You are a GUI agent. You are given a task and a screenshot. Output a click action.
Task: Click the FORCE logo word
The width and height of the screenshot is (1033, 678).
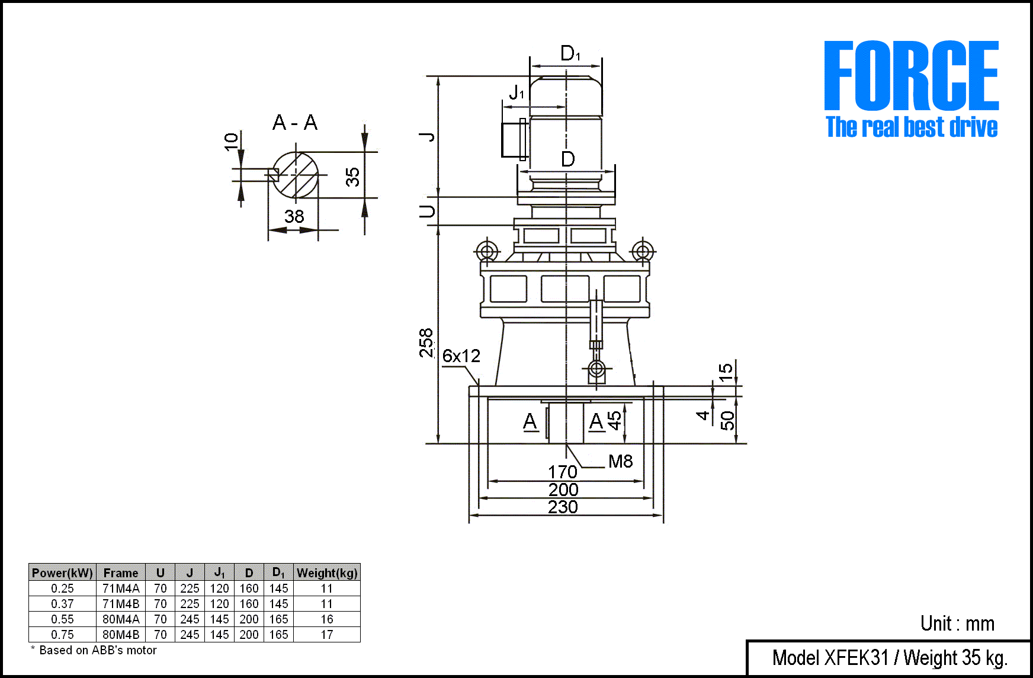tap(912, 75)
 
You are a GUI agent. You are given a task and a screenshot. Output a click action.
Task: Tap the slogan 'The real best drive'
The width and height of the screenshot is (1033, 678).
tap(912, 127)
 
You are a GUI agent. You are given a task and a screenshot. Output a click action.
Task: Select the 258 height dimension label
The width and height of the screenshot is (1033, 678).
tap(426, 343)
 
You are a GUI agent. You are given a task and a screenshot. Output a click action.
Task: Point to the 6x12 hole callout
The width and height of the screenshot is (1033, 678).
tap(461, 356)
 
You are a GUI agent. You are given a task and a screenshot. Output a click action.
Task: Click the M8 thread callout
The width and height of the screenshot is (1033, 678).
tap(620, 461)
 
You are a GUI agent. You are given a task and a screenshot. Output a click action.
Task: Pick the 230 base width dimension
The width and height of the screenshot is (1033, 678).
tap(563, 507)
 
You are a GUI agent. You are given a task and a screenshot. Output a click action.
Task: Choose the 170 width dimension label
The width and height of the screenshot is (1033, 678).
tap(562, 472)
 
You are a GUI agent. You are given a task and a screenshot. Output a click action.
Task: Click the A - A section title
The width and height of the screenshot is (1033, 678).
tap(295, 123)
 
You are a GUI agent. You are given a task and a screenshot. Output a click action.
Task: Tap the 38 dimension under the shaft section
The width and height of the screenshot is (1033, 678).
tap(294, 216)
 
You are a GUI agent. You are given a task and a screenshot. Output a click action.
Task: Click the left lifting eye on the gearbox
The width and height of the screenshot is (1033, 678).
tap(487, 251)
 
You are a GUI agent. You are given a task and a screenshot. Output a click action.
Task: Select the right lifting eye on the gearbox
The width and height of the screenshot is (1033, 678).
tap(642, 251)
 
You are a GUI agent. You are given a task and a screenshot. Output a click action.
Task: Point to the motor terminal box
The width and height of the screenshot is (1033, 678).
tap(514, 140)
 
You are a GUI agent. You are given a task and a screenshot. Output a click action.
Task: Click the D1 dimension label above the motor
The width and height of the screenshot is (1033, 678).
tap(570, 53)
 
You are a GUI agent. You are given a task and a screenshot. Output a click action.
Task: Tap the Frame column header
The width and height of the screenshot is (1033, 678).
tap(121, 573)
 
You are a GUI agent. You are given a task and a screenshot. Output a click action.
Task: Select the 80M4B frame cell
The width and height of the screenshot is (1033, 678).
tap(121, 635)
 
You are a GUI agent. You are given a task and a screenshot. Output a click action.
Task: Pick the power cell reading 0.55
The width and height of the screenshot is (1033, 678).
tap(62, 619)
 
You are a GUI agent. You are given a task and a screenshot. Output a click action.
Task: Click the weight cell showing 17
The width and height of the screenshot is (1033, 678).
tap(327, 635)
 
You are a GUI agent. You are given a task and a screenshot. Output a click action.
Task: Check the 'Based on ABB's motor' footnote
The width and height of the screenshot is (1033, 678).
tap(94, 650)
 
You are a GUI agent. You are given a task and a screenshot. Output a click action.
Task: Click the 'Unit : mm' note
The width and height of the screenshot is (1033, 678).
tap(957, 623)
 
